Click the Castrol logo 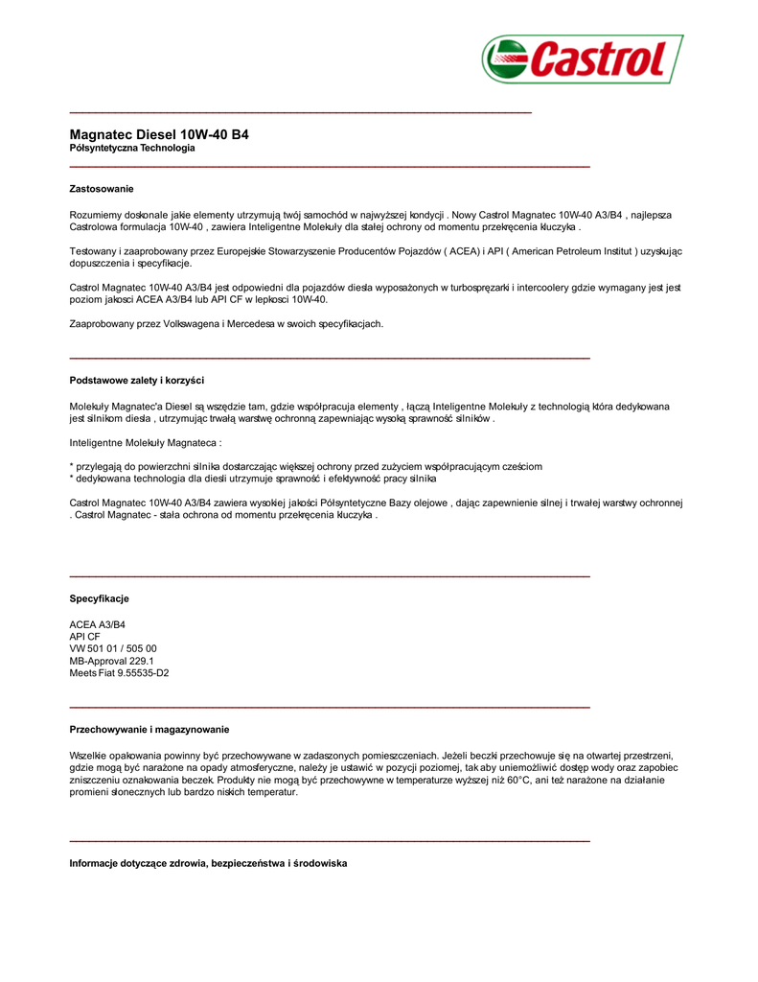583,59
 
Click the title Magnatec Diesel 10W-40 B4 159,135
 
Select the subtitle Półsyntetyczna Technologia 132,149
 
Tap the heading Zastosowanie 102,189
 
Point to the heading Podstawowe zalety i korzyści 137,381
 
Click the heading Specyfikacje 99,598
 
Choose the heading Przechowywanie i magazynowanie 149,730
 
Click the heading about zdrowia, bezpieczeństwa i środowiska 208,863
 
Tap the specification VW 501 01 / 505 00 113,649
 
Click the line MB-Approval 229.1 112,661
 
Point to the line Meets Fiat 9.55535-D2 119,673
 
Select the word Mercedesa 253,324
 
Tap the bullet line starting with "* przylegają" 306,467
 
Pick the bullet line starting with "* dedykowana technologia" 253,479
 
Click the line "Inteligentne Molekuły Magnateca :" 146,444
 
